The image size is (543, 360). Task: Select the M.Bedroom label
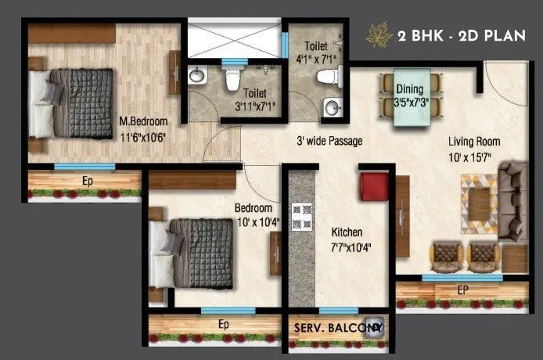[142, 121]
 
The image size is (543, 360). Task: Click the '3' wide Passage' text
[329, 142]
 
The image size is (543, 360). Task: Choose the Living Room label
[474, 142]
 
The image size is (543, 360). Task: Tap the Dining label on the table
[409, 88]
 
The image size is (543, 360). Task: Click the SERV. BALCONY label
[340, 329]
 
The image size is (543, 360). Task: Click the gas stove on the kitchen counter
[301, 214]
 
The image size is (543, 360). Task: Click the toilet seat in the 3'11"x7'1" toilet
[232, 80]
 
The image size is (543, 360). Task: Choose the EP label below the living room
[460, 289]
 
